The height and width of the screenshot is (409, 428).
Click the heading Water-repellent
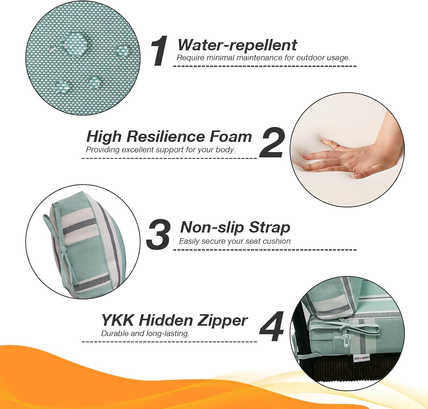click(237, 45)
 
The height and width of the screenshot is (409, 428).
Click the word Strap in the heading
click(269, 228)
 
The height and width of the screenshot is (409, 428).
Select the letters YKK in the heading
click(118, 320)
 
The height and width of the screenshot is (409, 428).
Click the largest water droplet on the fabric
click(74, 43)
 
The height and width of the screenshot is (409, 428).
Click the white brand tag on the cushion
click(362, 358)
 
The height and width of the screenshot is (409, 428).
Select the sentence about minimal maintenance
click(263, 58)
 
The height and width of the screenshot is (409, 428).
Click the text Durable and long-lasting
click(145, 334)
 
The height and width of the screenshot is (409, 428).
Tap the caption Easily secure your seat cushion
click(236, 241)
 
